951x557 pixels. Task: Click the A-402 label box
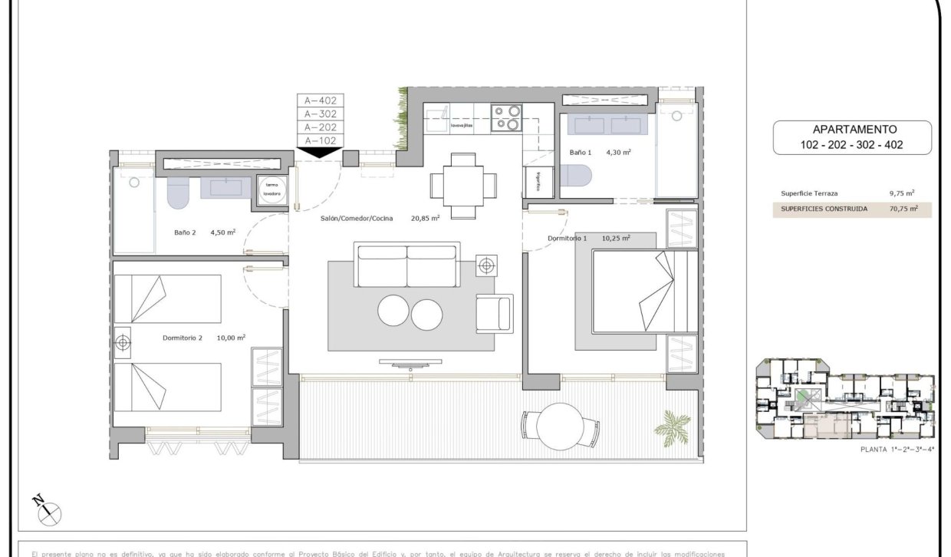coord(321,100)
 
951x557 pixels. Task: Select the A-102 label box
coord(321,140)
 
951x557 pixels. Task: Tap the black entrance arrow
coord(320,153)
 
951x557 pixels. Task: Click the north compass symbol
coord(48,510)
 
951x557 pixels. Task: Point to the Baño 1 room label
coord(581,153)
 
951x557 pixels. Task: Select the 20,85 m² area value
coord(425,218)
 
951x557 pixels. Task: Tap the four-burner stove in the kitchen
coord(507,117)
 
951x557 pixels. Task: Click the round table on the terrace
coord(560,424)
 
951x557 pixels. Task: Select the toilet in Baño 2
coord(177,194)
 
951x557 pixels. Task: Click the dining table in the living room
coord(462,185)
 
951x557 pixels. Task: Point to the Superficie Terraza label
coord(808,194)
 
